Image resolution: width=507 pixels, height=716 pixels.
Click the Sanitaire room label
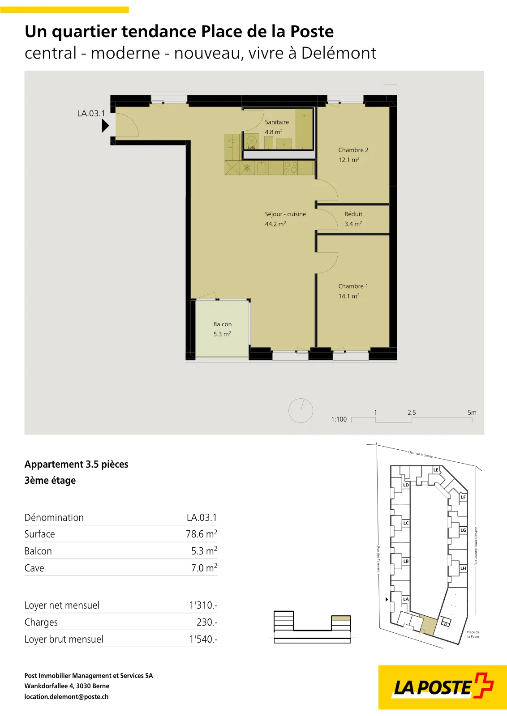[277, 122]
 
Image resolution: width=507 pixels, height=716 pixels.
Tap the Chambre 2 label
[353, 150]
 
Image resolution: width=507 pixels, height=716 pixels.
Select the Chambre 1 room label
[353, 286]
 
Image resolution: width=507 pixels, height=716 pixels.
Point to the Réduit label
[353, 214]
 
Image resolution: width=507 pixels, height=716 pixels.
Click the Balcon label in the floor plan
[222, 324]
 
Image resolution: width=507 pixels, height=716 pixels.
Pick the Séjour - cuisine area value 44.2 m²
[275, 224]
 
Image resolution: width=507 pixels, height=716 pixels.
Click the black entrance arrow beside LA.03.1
[105, 126]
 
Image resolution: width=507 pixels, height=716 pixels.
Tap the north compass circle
[301, 410]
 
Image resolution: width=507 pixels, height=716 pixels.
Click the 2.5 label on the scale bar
[412, 412]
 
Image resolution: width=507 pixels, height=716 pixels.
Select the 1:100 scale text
[339, 419]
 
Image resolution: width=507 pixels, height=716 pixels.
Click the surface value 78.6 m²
[202, 534]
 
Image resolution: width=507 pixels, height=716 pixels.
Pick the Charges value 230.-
[207, 622]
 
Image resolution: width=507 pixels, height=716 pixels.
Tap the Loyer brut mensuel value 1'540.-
[203, 639]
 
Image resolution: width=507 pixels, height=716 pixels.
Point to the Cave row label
[34, 568]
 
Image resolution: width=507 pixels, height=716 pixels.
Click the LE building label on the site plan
[436, 470]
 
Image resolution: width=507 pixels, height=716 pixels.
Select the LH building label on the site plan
[463, 568]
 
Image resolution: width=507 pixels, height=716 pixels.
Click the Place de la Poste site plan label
[473, 634]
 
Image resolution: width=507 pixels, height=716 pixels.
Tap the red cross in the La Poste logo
[483, 686]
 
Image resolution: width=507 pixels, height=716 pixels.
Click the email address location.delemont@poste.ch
[67, 696]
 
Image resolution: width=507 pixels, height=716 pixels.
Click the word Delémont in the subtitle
[339, 53]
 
